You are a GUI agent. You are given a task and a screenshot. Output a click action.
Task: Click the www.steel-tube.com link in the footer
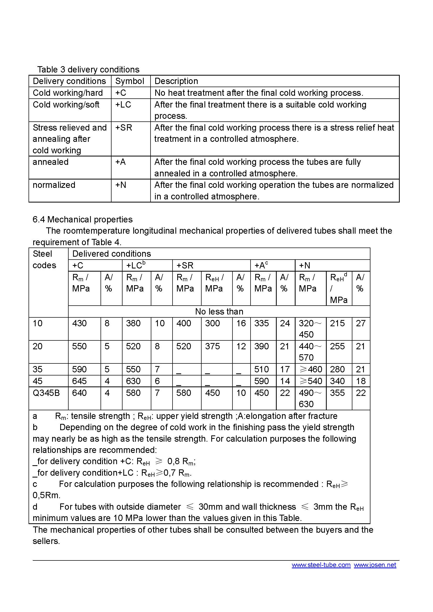[321, 565]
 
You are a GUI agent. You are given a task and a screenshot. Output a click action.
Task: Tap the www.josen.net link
[375, 565]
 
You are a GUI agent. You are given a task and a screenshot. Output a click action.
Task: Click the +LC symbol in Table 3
[123, 104]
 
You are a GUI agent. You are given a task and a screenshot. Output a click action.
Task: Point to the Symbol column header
[130, 81]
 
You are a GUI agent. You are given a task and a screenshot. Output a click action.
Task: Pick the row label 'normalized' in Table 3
[54, 185]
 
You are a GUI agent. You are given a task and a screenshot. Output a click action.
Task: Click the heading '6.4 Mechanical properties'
[83, 219]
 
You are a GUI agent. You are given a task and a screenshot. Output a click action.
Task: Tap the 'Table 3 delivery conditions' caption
[88, 70]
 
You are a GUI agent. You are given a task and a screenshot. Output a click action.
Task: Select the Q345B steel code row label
[46, 393]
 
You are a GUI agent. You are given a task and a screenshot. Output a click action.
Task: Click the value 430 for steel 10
[79, 323]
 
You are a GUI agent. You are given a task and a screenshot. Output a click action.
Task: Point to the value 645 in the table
[79, 381]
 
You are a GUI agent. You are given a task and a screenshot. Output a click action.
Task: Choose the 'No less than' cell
[219, 311]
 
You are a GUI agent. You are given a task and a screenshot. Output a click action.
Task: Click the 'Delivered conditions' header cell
[112, 254]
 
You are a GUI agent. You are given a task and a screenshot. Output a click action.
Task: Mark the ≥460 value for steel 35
[311, 369]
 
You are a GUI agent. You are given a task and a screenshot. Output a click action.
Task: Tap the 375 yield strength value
[212, 346]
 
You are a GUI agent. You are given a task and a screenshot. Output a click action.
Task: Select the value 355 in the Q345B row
[337, 393]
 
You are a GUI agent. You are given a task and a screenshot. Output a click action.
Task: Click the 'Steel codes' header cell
[45, 259]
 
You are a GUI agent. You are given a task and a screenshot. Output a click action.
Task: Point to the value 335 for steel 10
[261, 323]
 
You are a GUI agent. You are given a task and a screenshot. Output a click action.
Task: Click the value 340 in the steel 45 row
[337, 381]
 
